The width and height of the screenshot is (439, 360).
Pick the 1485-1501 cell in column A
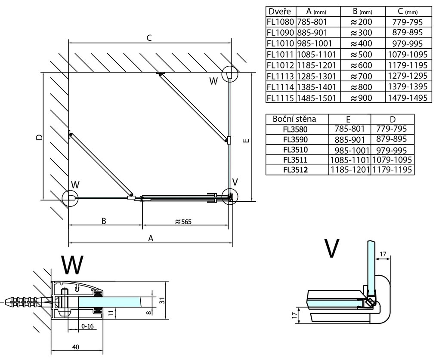click(317, 98)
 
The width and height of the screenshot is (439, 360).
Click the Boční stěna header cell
click(297, 119)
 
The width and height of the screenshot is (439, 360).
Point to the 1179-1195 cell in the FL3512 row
click(392, 170)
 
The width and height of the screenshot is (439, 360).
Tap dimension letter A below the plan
click(151, 239)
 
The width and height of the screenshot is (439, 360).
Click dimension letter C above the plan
click(148, 38)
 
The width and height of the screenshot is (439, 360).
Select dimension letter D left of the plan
click(39, 137)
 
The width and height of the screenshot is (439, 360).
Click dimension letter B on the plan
click(104, 221)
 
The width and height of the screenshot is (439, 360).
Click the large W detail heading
click(72, 265)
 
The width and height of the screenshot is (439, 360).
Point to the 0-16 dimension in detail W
click(87, 326)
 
